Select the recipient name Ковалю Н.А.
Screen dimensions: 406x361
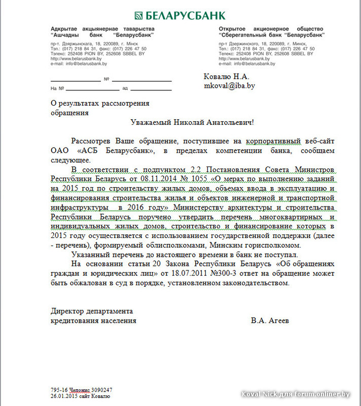(227, 77)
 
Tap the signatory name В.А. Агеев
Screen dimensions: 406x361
(271, 321)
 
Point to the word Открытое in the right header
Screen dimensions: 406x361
(235, 29)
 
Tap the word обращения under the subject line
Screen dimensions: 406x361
(70, 113)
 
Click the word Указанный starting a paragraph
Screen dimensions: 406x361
(91, 255)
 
